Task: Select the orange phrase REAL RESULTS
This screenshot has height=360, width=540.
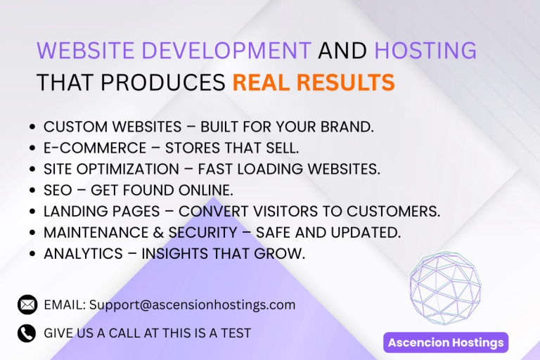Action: [x=313, y=83]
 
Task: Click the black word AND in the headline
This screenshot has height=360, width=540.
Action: [x=342, y=51]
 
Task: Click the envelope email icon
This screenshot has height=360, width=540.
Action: [x=27, y=305]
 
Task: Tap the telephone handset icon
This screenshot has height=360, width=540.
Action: [x=27, y=333]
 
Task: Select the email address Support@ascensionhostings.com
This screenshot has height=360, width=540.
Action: [x=192, y=305]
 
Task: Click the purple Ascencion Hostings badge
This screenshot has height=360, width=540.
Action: [x=446, y=343]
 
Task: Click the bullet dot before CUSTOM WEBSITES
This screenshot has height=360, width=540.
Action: [x=33, y=127]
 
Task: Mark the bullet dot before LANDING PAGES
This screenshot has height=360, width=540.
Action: [x=33, y=212]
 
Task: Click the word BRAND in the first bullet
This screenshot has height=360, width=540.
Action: [x=347, y=127]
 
